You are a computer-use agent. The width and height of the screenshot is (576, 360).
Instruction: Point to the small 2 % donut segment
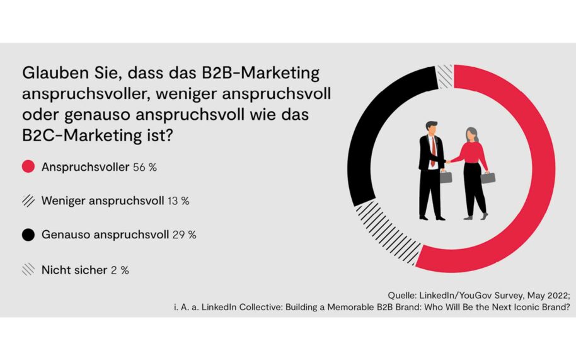click(445, 76)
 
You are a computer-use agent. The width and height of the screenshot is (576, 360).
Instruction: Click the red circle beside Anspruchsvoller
click(28, 167)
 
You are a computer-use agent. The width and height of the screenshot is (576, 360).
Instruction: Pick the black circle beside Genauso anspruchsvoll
click(28, 235)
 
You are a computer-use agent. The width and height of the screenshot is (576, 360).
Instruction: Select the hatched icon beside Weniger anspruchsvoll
click(28, 201)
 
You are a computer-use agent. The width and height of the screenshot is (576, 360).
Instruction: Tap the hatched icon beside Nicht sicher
click(28, 269)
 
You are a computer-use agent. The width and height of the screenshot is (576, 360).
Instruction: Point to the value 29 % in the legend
click(183, 235)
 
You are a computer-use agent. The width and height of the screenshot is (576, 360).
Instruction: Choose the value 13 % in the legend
click(178, 201)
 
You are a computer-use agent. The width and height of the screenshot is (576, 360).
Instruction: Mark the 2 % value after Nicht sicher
click(119, 269)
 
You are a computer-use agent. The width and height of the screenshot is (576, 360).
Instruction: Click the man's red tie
click(432, 152)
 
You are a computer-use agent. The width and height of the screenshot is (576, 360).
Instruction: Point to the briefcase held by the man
click(446, 177)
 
